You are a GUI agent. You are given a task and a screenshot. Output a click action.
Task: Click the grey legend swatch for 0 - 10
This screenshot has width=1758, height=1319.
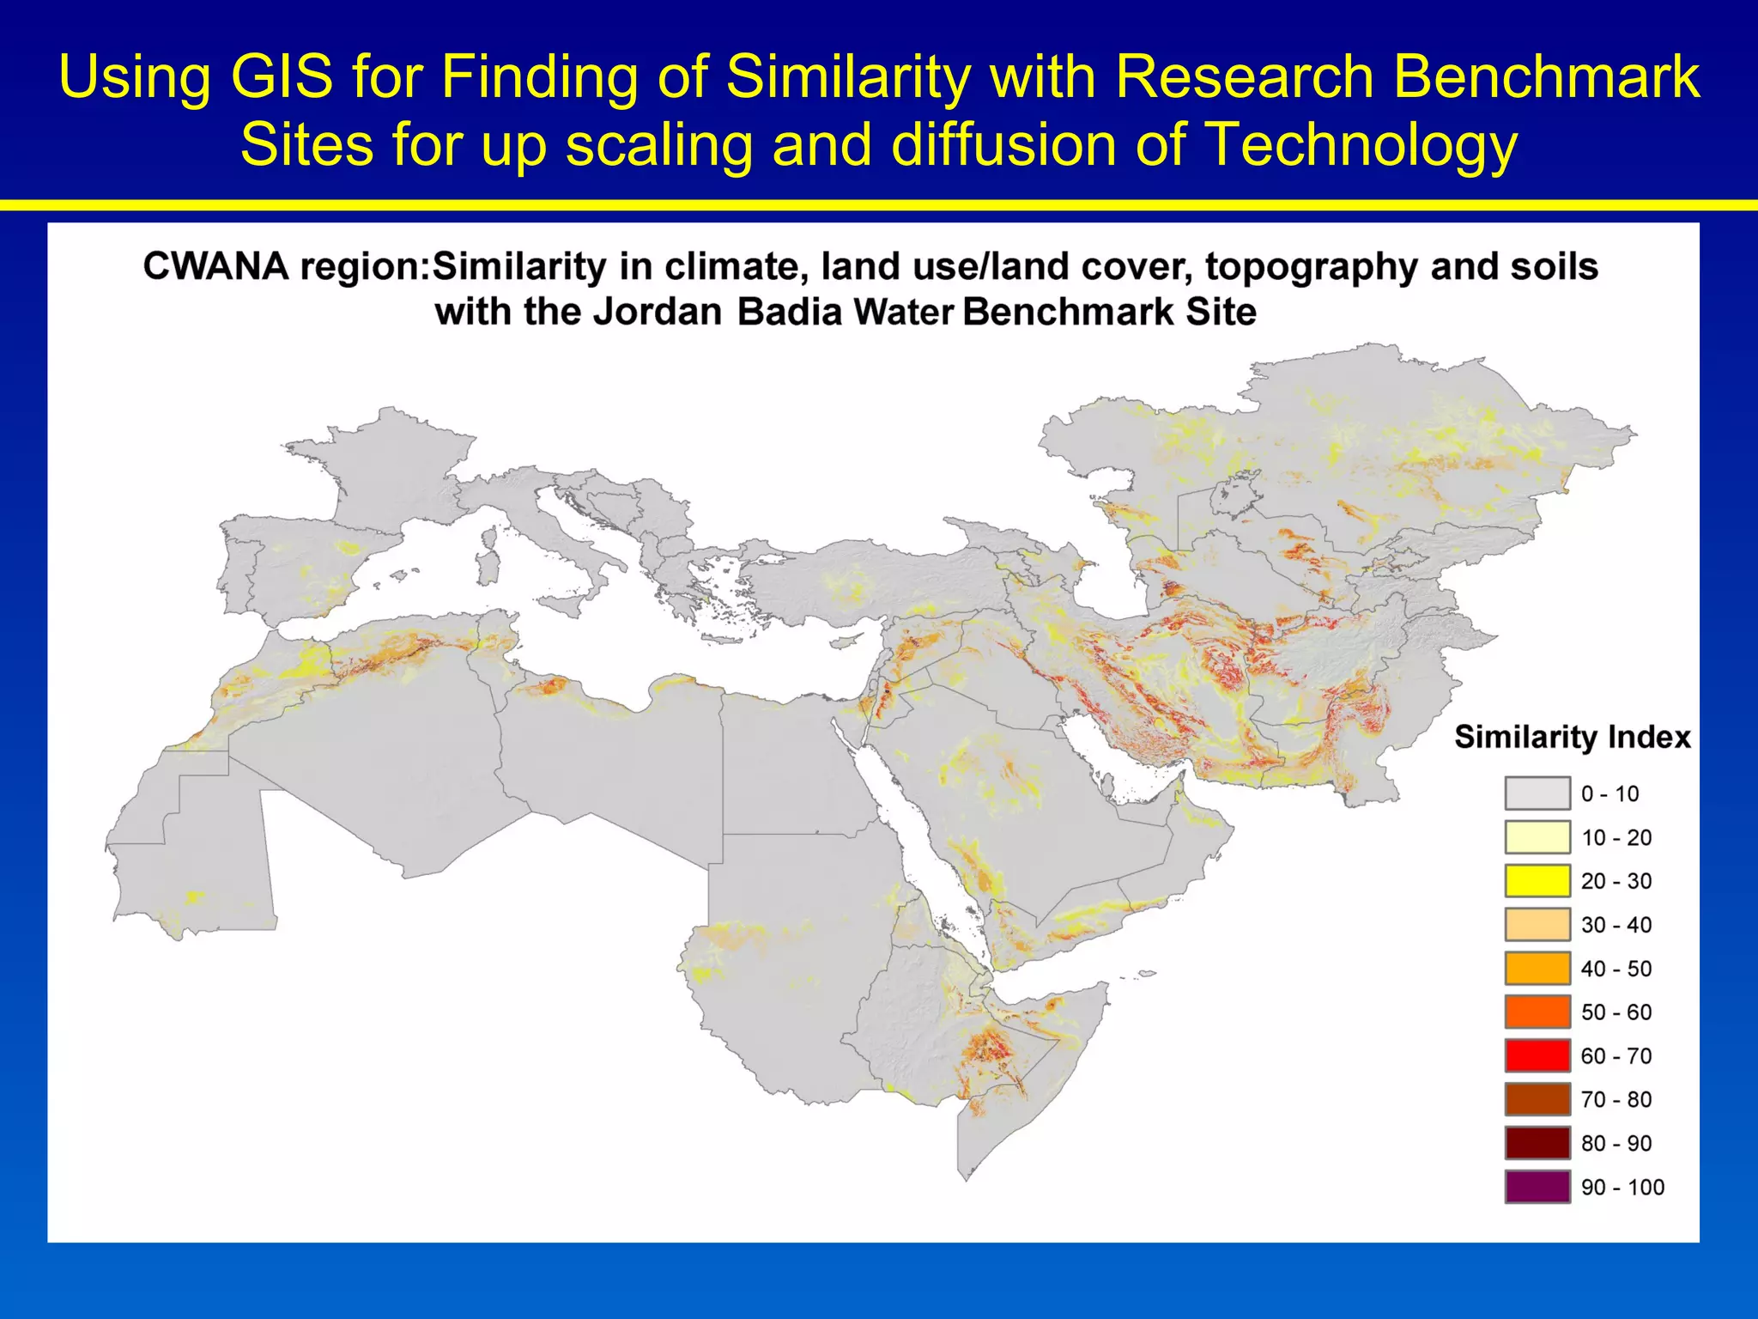(x=1537, y=793)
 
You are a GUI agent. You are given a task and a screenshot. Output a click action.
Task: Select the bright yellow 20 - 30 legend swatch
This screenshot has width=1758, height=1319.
(x=1537, y=881)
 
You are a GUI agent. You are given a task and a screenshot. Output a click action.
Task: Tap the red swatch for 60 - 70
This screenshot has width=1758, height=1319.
(x=1537, y=1055)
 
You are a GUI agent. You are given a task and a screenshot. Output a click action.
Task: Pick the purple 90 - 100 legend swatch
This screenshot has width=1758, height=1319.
(x=1537, y=1187)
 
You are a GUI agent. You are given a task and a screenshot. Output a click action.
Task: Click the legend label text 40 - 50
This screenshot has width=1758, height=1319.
(x=1616, y=969)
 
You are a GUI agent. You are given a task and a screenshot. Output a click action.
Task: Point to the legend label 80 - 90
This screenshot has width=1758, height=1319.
(x=1616, y=1143)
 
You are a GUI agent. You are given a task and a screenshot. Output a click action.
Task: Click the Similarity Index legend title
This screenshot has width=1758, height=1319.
(x=1572, y=737)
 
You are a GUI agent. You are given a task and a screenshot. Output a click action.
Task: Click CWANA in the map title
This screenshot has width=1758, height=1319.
(x=215, y=266)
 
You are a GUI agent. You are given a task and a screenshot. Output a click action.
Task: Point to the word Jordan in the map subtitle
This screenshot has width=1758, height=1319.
(x=658, y=312)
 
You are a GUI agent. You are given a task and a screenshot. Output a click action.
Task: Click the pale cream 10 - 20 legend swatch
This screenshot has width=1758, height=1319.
(x=1537, y=837)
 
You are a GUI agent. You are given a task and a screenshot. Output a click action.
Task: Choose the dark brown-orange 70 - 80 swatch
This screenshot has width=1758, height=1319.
(x=1537, y=1099)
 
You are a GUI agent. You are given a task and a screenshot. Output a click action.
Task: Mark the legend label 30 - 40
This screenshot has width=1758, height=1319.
(x=1616, y=925)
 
